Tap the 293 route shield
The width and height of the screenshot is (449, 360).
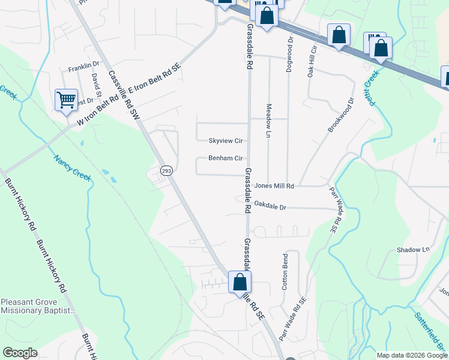tap(166, 171)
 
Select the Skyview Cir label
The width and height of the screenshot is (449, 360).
tap(225, 141)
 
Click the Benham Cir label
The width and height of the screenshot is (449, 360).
tap(225, 159)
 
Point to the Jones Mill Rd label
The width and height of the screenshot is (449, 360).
tap(274, 187)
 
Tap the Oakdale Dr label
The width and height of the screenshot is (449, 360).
tap(271, 205)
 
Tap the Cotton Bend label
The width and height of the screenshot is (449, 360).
tap(285, 272)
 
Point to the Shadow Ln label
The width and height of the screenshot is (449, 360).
tap(414, 250)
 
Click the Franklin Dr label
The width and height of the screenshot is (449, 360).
tap(83, 65)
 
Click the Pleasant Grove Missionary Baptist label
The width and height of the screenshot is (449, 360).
tap(38, 306)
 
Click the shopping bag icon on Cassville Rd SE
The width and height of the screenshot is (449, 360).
tap(240, 282)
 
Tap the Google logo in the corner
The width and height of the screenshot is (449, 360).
tap(20, 353)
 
